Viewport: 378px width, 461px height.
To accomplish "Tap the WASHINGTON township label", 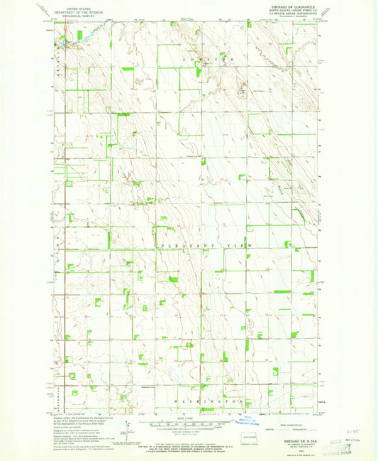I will click(210, 402).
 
